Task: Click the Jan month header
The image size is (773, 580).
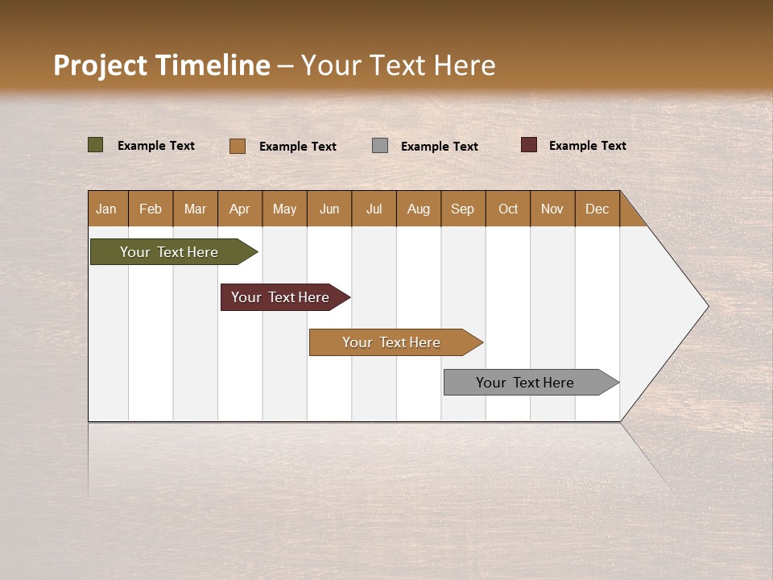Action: coord(106,209)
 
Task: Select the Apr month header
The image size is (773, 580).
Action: coord(239,209)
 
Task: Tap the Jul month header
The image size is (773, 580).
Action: coord(374,209)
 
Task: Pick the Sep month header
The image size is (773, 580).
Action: coord(462,209)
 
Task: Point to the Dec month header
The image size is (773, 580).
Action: coord(597,209)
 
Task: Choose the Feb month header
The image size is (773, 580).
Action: coord(151,209)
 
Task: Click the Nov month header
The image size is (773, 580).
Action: coord(552,209)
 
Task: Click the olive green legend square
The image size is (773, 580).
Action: coord(95,145)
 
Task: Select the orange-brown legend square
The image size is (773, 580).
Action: coord(238,146)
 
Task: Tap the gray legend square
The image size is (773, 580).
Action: coord(380,145)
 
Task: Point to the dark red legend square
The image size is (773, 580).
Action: coord(528,145)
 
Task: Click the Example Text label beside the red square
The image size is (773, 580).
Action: coord(587,146)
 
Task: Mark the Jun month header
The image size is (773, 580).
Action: coord(329,209)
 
